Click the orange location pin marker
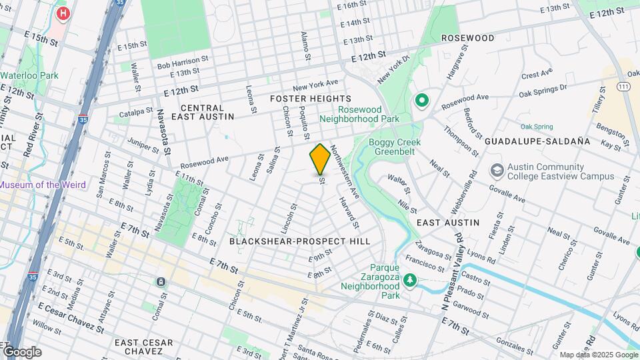320,159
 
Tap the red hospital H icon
63,13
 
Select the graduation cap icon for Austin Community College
497,171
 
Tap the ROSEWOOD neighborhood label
467,38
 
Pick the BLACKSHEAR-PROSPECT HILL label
299,241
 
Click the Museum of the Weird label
42,185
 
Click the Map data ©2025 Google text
597,355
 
